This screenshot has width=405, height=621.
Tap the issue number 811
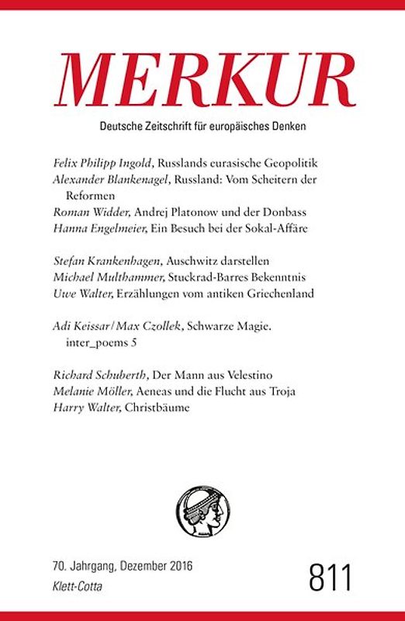(x=331, y=578)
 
